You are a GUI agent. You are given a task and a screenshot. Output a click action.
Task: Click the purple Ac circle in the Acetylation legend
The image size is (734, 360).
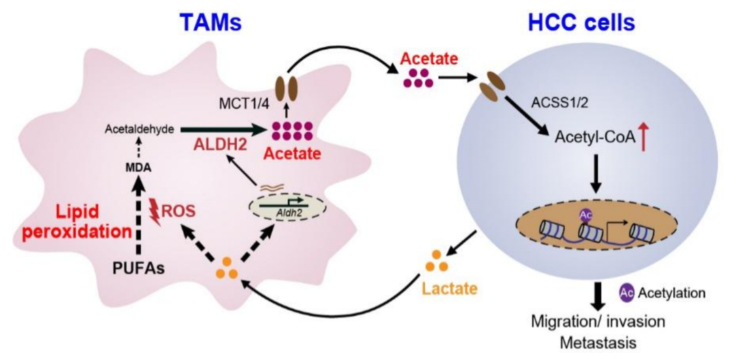point(627,292)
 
